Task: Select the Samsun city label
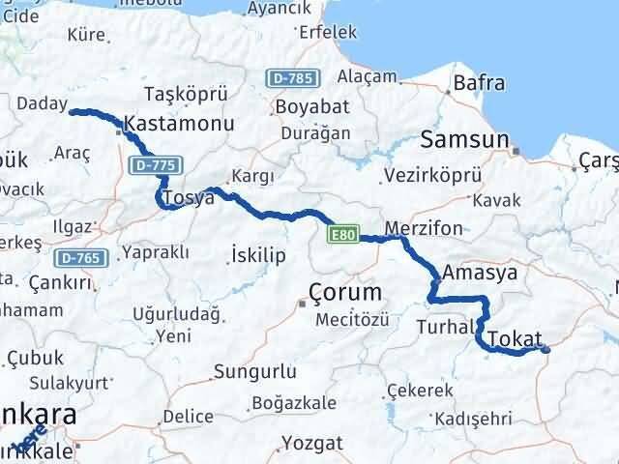[464, 140]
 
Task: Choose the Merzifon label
[423, 229]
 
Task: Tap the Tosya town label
[188, 198]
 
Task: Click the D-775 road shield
[153, 166]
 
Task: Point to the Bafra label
[479, 83]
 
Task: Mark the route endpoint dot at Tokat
[546, 350]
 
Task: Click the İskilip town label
[257, 254]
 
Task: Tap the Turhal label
[444, 328]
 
